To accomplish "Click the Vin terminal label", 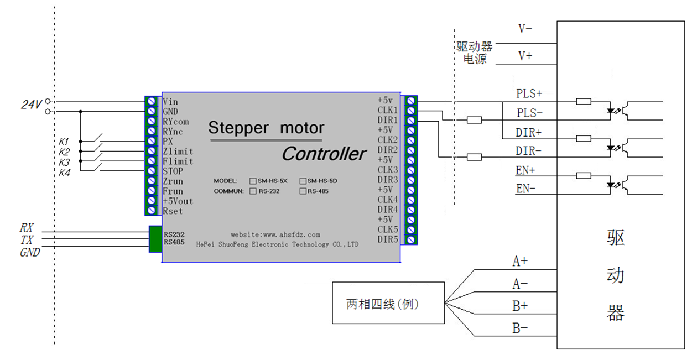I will click(170, 102).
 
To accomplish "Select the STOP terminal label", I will click(173, 171).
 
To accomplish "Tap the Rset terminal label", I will click(173, 211).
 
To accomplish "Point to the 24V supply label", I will click(32, 104).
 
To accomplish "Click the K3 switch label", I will click(64, 163).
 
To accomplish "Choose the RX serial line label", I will click(27, 227).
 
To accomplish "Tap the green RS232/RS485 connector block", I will click(155, 239).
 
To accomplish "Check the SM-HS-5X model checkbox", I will click(253, 181).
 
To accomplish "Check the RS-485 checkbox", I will click(303, 191).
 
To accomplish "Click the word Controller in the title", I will click(324, 154).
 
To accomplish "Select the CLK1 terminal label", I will click(388, 111).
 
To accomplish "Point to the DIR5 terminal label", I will click(388, 240).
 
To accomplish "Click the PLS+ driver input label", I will click(529, 93).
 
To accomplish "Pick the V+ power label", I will click(525, 56).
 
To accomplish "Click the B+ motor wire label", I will click(519, 305).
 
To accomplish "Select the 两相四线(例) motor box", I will click(388, 303).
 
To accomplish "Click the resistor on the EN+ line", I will click(584, 176).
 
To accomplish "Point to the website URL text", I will click(275, 235).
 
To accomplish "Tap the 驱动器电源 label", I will click(474, 53).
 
